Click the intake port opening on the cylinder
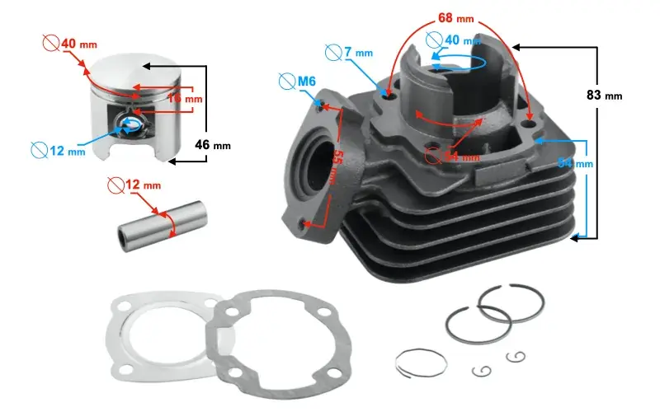[x=320, y=169]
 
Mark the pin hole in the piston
[x=130, y=124]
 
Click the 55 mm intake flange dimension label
[x=335, y=168]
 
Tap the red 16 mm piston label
[x=185, y=99]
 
